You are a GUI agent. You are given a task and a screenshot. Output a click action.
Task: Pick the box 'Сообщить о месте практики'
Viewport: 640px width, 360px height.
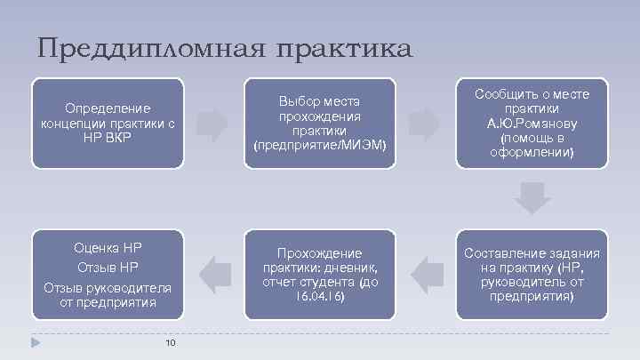(x=532, y=123)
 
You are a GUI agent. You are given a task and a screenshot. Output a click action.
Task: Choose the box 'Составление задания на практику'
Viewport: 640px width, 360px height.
(x=532, y=274)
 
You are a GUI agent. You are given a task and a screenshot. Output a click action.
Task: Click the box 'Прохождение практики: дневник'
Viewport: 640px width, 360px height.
(x=320, y=274)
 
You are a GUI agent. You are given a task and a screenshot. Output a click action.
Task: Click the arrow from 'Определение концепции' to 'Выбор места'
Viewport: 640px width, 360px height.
(x=212, y=125)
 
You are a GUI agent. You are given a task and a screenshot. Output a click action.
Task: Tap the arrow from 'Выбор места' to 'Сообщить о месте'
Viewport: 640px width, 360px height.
(x=424, y=125)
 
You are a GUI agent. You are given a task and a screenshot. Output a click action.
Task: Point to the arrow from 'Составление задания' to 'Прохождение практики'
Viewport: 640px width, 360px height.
(x=427, y=274)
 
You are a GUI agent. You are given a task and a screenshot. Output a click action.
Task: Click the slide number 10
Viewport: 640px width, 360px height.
(x=172, y=343)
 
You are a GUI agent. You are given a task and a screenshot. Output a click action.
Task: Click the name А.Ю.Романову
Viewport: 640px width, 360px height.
(x=532, y=123)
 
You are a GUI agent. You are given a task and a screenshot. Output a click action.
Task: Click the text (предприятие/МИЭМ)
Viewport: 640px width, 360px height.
(x=320, y=144)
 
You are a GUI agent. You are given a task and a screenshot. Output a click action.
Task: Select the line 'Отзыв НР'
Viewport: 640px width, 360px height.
(x=108, y=267)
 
